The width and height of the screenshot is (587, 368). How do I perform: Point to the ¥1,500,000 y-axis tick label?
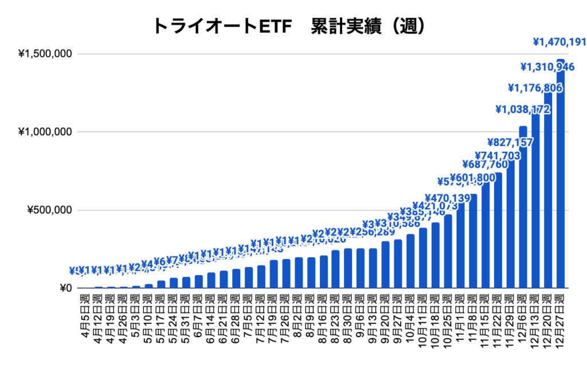[x=45, y=54]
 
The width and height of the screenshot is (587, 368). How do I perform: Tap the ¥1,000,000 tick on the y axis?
[x=45, y=132]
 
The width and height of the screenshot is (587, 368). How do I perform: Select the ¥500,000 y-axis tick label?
[x=49, y=210]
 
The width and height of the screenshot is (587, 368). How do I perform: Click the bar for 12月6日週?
[x=523, y=207]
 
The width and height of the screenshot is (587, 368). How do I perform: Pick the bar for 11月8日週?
[x=473, y=241]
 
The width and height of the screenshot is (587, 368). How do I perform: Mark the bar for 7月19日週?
[x=274, y=274]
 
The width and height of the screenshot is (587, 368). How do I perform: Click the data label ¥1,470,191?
[x=559, y=42]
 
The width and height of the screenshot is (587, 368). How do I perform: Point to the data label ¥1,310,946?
[x=547, y=67]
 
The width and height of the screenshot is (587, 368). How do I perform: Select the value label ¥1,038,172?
[x=523, y=109]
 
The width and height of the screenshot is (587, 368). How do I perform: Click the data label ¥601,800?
[x=473, y=178]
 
